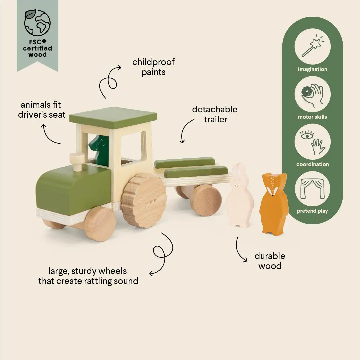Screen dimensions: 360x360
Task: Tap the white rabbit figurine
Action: [x=239, y=197]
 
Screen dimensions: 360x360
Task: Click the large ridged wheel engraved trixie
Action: [x=144, y=201]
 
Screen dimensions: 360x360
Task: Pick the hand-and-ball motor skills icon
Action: [x=312, y=94]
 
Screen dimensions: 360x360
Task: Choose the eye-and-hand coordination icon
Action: [x=312, y=142]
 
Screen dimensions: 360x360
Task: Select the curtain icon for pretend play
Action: [x=312, y=189]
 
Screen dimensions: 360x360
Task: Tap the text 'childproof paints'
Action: [x=153, y=67]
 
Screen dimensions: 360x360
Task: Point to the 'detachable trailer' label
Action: [x=215, y=114]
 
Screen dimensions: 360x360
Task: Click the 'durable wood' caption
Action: [x=270, y=261]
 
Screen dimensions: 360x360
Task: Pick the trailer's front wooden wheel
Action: [x=206, y=200]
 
